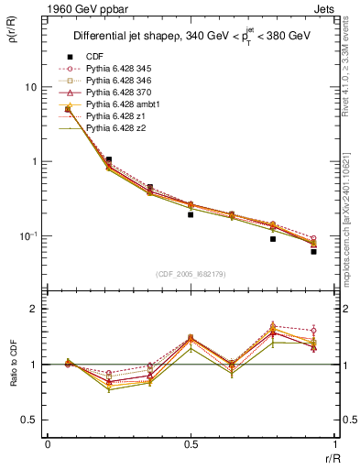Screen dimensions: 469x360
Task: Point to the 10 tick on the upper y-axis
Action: (30, 87)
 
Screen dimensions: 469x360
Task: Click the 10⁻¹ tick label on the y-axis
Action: (28, 236)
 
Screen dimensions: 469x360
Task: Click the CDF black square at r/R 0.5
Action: (190, 214)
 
